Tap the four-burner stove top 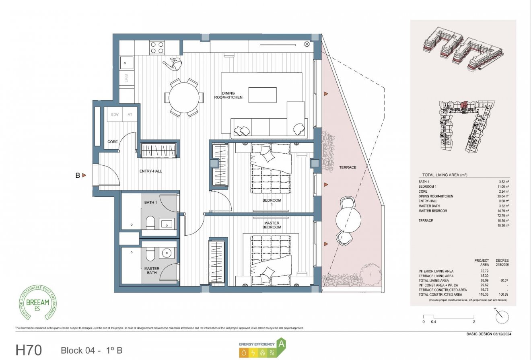coord(157,48)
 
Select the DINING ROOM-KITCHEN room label coord(228,95)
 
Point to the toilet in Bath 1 coord(149,222)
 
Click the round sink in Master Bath coord(166,253)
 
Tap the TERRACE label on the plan coord(347,167)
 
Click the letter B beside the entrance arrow coord(77,175)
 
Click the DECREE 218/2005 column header coord(502,263)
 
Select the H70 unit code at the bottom coord(29,350)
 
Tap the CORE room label coord(113,142)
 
